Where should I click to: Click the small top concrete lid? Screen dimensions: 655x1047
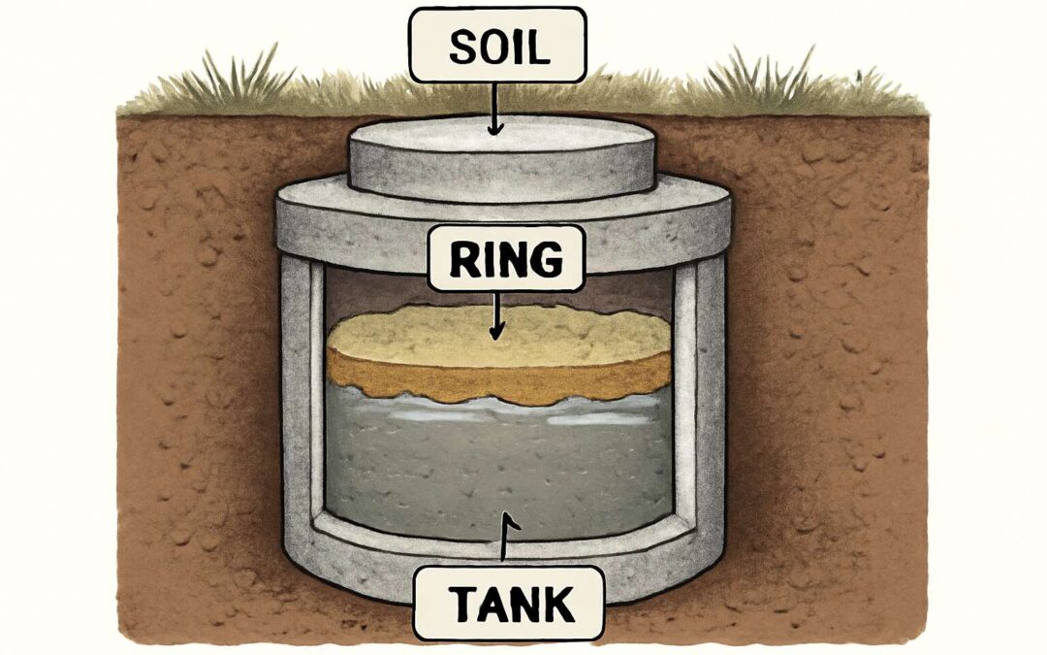[501, 157]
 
